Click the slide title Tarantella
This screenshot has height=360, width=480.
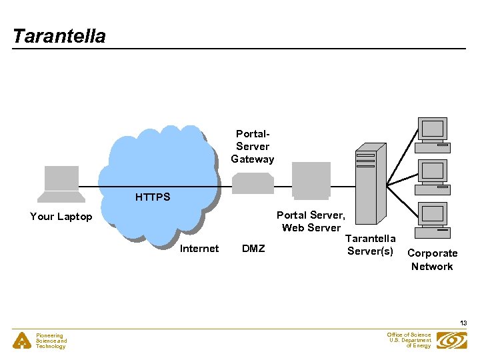point(59,36)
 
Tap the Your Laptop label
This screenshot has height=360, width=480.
point(61,217)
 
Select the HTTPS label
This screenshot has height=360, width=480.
point(153,197)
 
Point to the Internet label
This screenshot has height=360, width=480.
point(199,249)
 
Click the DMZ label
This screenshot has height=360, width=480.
point(253,249)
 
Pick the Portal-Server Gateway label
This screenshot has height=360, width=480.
point(253,147)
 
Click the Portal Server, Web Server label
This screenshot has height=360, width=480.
point(311,221)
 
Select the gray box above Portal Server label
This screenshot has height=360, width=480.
point(311,180)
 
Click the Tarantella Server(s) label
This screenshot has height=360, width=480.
point(371,245)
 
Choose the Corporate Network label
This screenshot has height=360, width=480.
point(432,260)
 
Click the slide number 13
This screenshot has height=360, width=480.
point(463,323)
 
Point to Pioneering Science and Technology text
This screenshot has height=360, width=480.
point(51,341)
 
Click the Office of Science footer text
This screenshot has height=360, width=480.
point(409,340)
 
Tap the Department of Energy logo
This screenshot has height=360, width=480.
point(452,340)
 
